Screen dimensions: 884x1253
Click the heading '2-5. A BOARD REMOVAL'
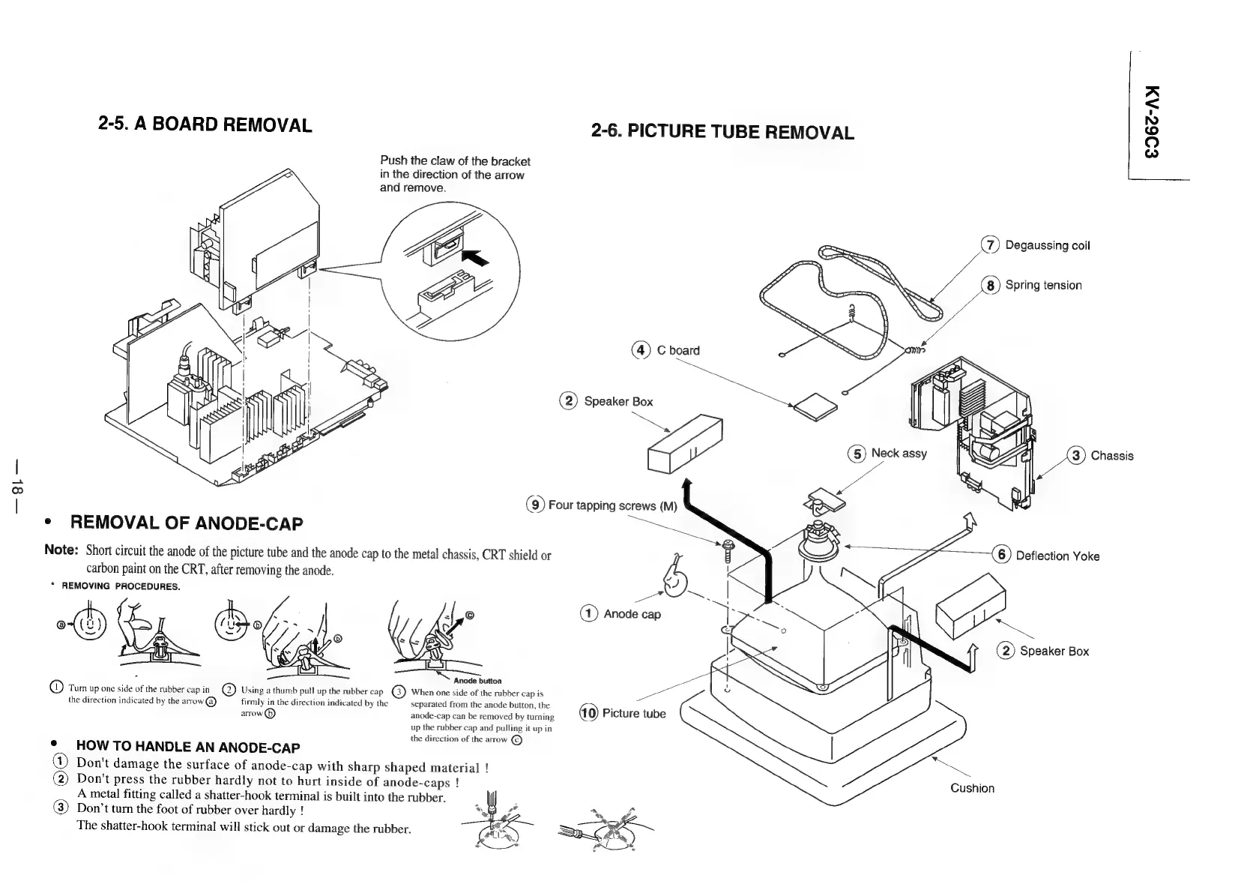(x=205, y=124)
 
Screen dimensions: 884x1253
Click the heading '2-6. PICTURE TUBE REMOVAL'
(x=722, y=133)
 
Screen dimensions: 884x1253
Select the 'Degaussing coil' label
(x=1047, y=246)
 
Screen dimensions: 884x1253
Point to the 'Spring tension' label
(x=1042, y=285)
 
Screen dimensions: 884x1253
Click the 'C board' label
(x=677, y=350)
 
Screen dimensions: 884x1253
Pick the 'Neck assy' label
(x=898, y=453)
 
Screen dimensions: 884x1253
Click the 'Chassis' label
(x=1111, y=456)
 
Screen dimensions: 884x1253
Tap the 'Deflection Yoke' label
(x=1057, y=556)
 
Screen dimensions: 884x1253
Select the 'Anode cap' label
(x=632, y=614)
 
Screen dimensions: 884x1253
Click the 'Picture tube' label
(x=633, y=713)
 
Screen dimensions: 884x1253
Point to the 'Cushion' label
(x=972, y=788)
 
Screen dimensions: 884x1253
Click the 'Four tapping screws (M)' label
(x=612, y=505)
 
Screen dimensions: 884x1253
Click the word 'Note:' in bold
(x=61, y=550)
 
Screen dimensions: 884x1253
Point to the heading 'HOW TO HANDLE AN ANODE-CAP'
(x=188, y=747)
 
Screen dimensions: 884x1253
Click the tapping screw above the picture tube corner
(x=727, y=554)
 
